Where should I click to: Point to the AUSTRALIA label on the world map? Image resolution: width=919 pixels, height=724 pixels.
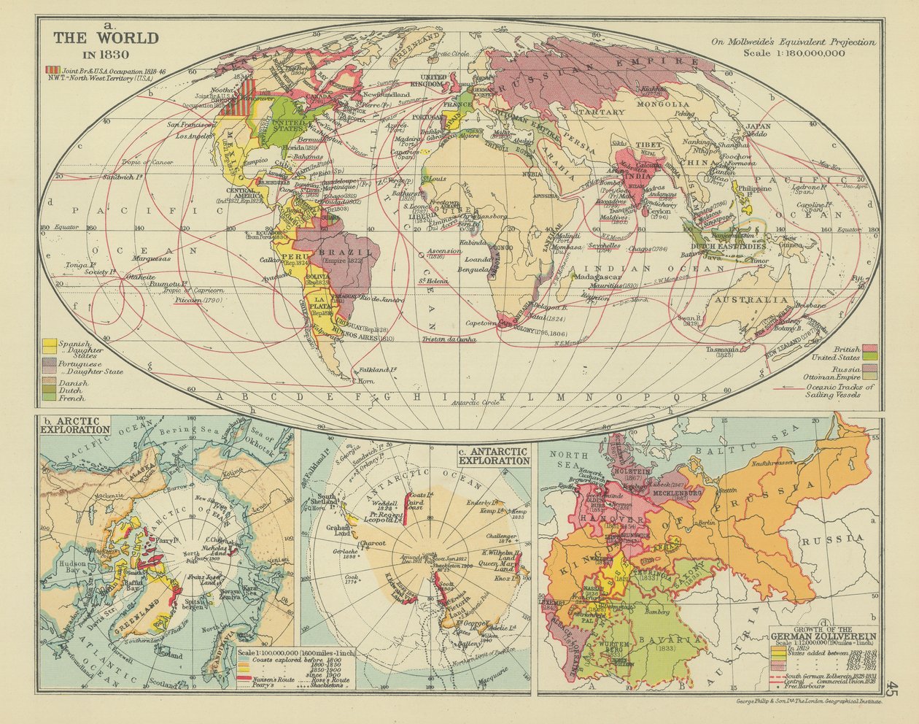tap(752, 300)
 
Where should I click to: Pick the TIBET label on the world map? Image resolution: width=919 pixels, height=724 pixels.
tap(648, 145)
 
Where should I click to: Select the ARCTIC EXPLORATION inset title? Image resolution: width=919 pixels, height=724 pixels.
tap(76, 425)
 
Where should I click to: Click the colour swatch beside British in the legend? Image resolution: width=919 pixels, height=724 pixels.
tap(869, 349)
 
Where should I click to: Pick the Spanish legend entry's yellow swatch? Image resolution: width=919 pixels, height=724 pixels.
tap(50, 343)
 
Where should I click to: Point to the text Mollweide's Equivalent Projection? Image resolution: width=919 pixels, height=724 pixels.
tap(794, 42)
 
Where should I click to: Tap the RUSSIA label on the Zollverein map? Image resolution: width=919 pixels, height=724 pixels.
tap(831, 539)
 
